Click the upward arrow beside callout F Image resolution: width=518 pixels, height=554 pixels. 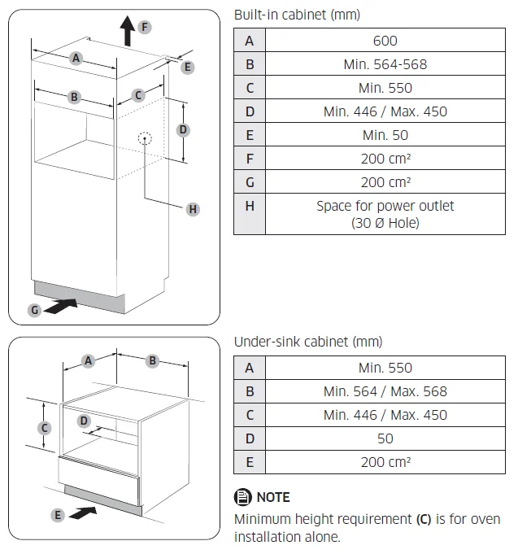(x=127, y=32)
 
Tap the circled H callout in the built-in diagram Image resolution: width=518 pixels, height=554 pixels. (x=193, y=210)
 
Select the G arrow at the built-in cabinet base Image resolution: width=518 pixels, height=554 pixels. (x=63, y=307)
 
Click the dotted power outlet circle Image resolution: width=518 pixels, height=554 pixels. (x=146, y=139)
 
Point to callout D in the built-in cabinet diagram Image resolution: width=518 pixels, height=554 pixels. (x=183, y=130)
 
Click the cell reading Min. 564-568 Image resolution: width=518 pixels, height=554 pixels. (x=385, y=64)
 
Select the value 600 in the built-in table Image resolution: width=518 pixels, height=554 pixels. (x=385, y=41)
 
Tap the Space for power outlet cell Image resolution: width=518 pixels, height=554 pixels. (x=385, y=214)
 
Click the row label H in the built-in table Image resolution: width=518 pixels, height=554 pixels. (x=250, y=207)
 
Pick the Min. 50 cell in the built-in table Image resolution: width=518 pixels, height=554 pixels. (x=385, y=135)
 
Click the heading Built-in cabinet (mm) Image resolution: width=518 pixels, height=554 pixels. (x=297, y=15)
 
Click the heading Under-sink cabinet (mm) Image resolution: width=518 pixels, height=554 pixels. (x=307, y=342)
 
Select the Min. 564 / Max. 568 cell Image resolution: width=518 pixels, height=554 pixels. (x=385, y=391)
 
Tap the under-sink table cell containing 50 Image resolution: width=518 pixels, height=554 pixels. (x=385, y=438)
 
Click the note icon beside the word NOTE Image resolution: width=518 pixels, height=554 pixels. (x=243, y=497)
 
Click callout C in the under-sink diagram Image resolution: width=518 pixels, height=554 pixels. (x=46, y=428)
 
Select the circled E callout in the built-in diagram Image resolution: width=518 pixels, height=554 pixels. (x=188, y=68)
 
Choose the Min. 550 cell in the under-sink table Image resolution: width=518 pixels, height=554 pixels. (x=385, y=368)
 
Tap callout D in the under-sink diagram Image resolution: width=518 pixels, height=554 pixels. (x=84, y=421)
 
